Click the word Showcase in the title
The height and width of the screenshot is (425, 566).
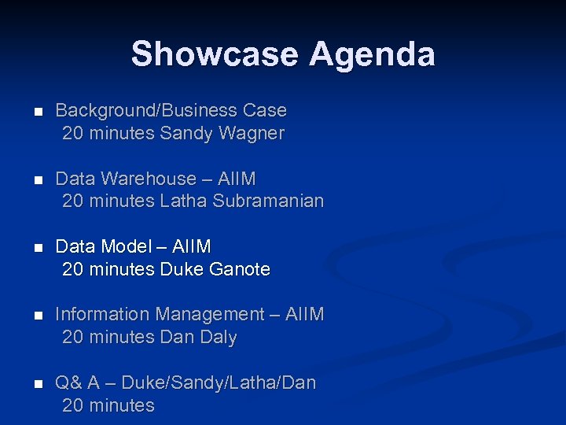click(215, 54)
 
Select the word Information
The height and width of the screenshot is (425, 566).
click(103, 315)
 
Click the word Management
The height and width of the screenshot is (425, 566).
click(210, 315)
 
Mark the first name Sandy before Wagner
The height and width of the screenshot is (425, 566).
click(186, 134)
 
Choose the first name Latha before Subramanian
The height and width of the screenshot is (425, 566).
click(183, 201)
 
